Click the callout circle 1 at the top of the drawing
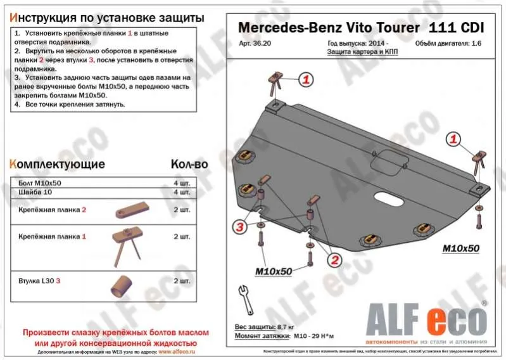[306, 80]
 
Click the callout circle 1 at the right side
[454, 139]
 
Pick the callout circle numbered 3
[238, 227]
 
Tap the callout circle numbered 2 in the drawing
[334, 260]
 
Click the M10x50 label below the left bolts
[273, 271]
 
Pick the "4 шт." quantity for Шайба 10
[180, 191]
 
